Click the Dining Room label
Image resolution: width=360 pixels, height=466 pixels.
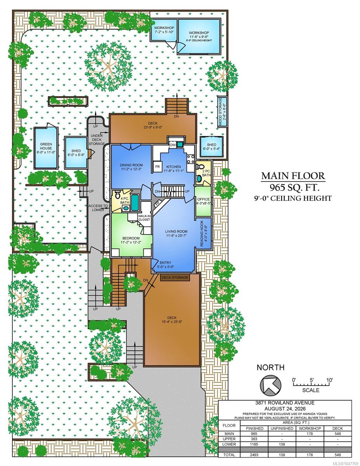[x=131, y=165]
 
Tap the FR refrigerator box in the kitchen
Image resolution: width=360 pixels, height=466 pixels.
[x=157, y=167]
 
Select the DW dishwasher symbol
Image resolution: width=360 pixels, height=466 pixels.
[x=172, y=145]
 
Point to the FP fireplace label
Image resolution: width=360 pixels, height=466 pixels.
[x=158, y=203]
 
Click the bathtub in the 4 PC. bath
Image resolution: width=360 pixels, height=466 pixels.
[x=135, y=202]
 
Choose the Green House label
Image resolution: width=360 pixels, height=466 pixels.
[x=46, y=146]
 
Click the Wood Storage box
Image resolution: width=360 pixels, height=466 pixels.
[x=222, y=112]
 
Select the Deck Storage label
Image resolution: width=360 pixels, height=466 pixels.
[x=175, y=278]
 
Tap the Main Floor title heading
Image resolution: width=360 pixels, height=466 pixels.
[x=293, y=176]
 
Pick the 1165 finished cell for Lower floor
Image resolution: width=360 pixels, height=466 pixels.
[x=254, y=444]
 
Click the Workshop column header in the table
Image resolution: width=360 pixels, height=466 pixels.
[x=310, y=428]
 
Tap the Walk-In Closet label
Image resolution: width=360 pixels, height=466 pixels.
[x=144, y=218]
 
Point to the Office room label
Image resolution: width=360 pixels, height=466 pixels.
[x=203, y=199]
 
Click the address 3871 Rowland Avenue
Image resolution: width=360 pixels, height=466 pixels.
[x=285, y=403]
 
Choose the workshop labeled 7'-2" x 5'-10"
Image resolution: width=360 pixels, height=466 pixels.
[x=164, y=30]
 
